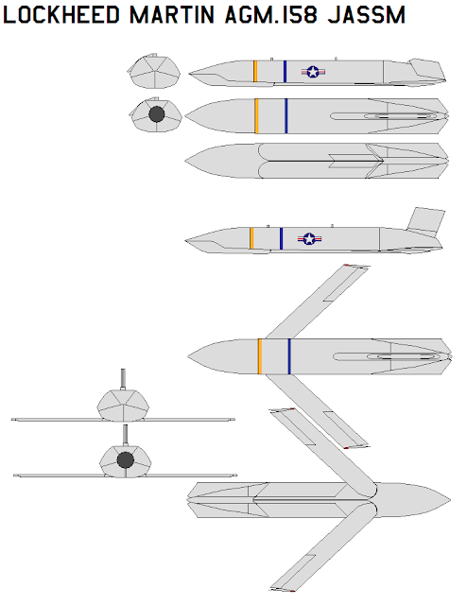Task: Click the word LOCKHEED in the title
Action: point(61,15)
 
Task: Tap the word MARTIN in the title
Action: point(172,15)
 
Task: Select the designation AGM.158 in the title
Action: point(270,15)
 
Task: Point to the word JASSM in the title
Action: point(367,15)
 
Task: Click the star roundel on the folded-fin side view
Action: point(313,72)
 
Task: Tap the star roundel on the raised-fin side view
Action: point(309,239)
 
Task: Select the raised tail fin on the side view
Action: point(425,221)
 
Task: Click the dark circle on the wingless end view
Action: point(157,114)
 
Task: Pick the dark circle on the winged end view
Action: point(126,460)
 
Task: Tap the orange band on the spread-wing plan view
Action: point(260,356)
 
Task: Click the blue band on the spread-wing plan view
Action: point(289,356)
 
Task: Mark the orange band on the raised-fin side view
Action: point(251,238)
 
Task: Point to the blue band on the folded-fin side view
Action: point(285,72)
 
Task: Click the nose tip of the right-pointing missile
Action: point(450,500)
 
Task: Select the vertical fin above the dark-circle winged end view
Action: point(125,436)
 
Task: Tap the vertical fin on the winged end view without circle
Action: point(123,379)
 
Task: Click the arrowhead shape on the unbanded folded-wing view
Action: point(355,161)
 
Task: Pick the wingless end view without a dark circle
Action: point(154,72)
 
